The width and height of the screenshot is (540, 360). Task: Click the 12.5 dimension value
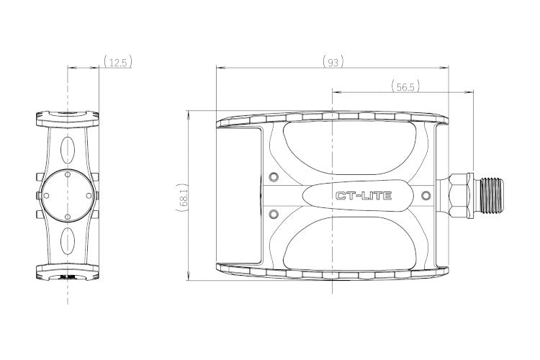click(x=118, y=63)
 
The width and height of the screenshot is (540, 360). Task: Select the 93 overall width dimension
click(x=333, y=63)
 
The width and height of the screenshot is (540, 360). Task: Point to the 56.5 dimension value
click(x=405, y=87)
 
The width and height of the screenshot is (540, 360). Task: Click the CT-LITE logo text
click(x=364, y=196)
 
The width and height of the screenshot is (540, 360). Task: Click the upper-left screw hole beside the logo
click(x=274, y=177)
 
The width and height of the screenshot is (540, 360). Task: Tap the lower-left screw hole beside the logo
click(x=274, y=215)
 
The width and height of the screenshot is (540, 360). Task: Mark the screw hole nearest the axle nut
click(x=426, y=196)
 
